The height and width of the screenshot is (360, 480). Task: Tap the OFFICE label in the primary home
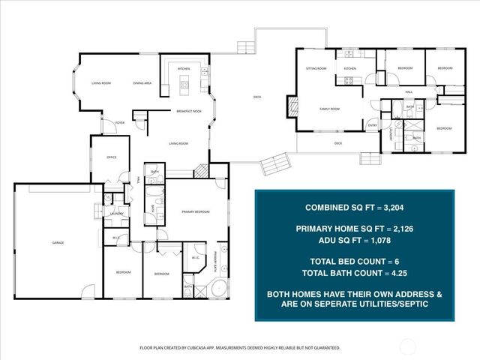point(111,157)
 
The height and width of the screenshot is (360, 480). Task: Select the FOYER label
point(109,124)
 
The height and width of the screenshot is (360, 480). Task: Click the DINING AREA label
point(143,82)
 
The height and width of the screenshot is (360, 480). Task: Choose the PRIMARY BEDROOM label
point(194,212)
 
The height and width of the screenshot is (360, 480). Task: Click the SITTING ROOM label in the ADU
point(316,68)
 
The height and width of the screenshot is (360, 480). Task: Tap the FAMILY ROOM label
point(329,109)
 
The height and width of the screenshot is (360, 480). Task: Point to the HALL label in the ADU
point(409,91)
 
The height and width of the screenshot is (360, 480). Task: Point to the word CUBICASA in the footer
point(202,348)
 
